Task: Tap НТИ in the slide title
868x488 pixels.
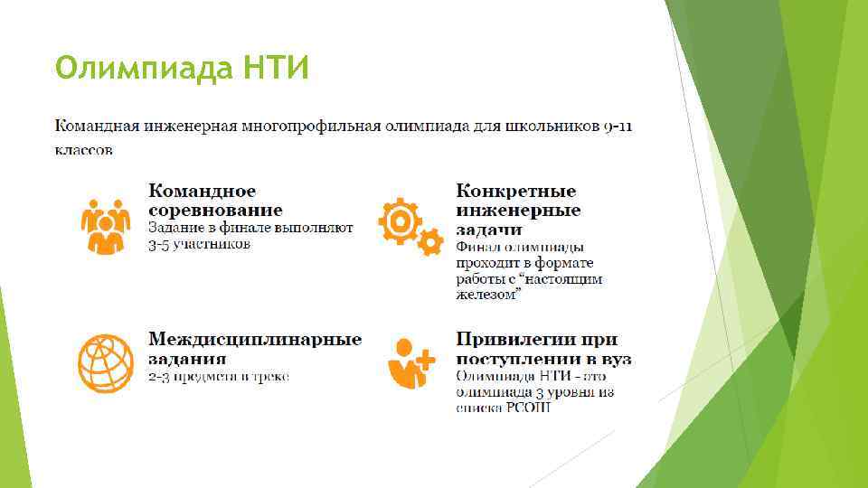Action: (275, 68)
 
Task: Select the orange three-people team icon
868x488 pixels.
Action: (106, 223)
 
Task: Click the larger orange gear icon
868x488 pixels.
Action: (399, 218)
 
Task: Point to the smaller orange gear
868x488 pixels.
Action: (429, 241)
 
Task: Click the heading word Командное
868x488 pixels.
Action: (202, 192)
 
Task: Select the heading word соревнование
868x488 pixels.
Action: (214, 210)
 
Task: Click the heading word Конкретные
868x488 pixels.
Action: (515, 192)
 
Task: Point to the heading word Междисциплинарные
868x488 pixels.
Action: (255, 340)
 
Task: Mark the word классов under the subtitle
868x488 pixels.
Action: (85, 150)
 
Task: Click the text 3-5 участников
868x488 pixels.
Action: (199, 244)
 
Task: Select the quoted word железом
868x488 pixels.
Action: (489, 295)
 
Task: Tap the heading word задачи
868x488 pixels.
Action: (489, 230)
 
